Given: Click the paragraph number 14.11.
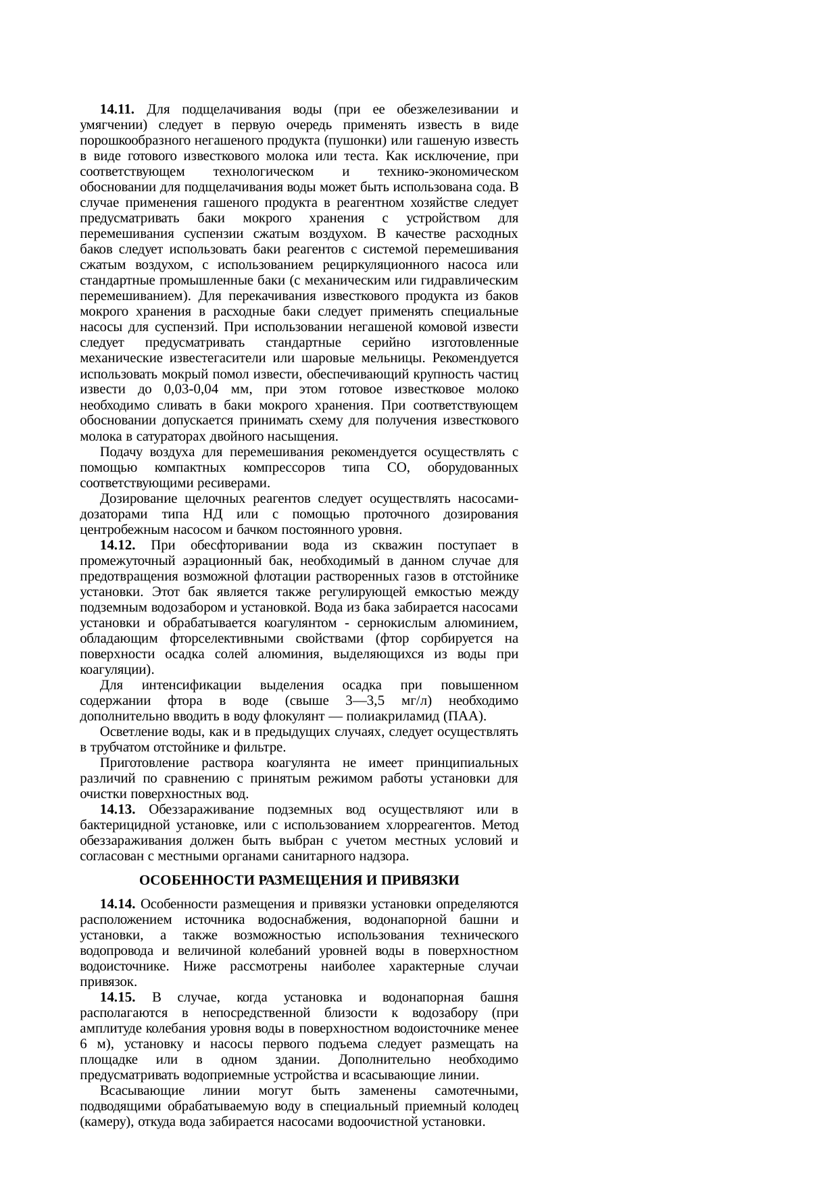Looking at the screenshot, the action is click(x=117, y=109).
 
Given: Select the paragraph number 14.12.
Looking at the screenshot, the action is click(x=117, y=545).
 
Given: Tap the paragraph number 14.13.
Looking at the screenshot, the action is click(x=117, y=810).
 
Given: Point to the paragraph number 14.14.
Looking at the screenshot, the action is click(x=117, y=904).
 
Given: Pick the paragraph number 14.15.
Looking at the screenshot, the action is click(x=117, y=997).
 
